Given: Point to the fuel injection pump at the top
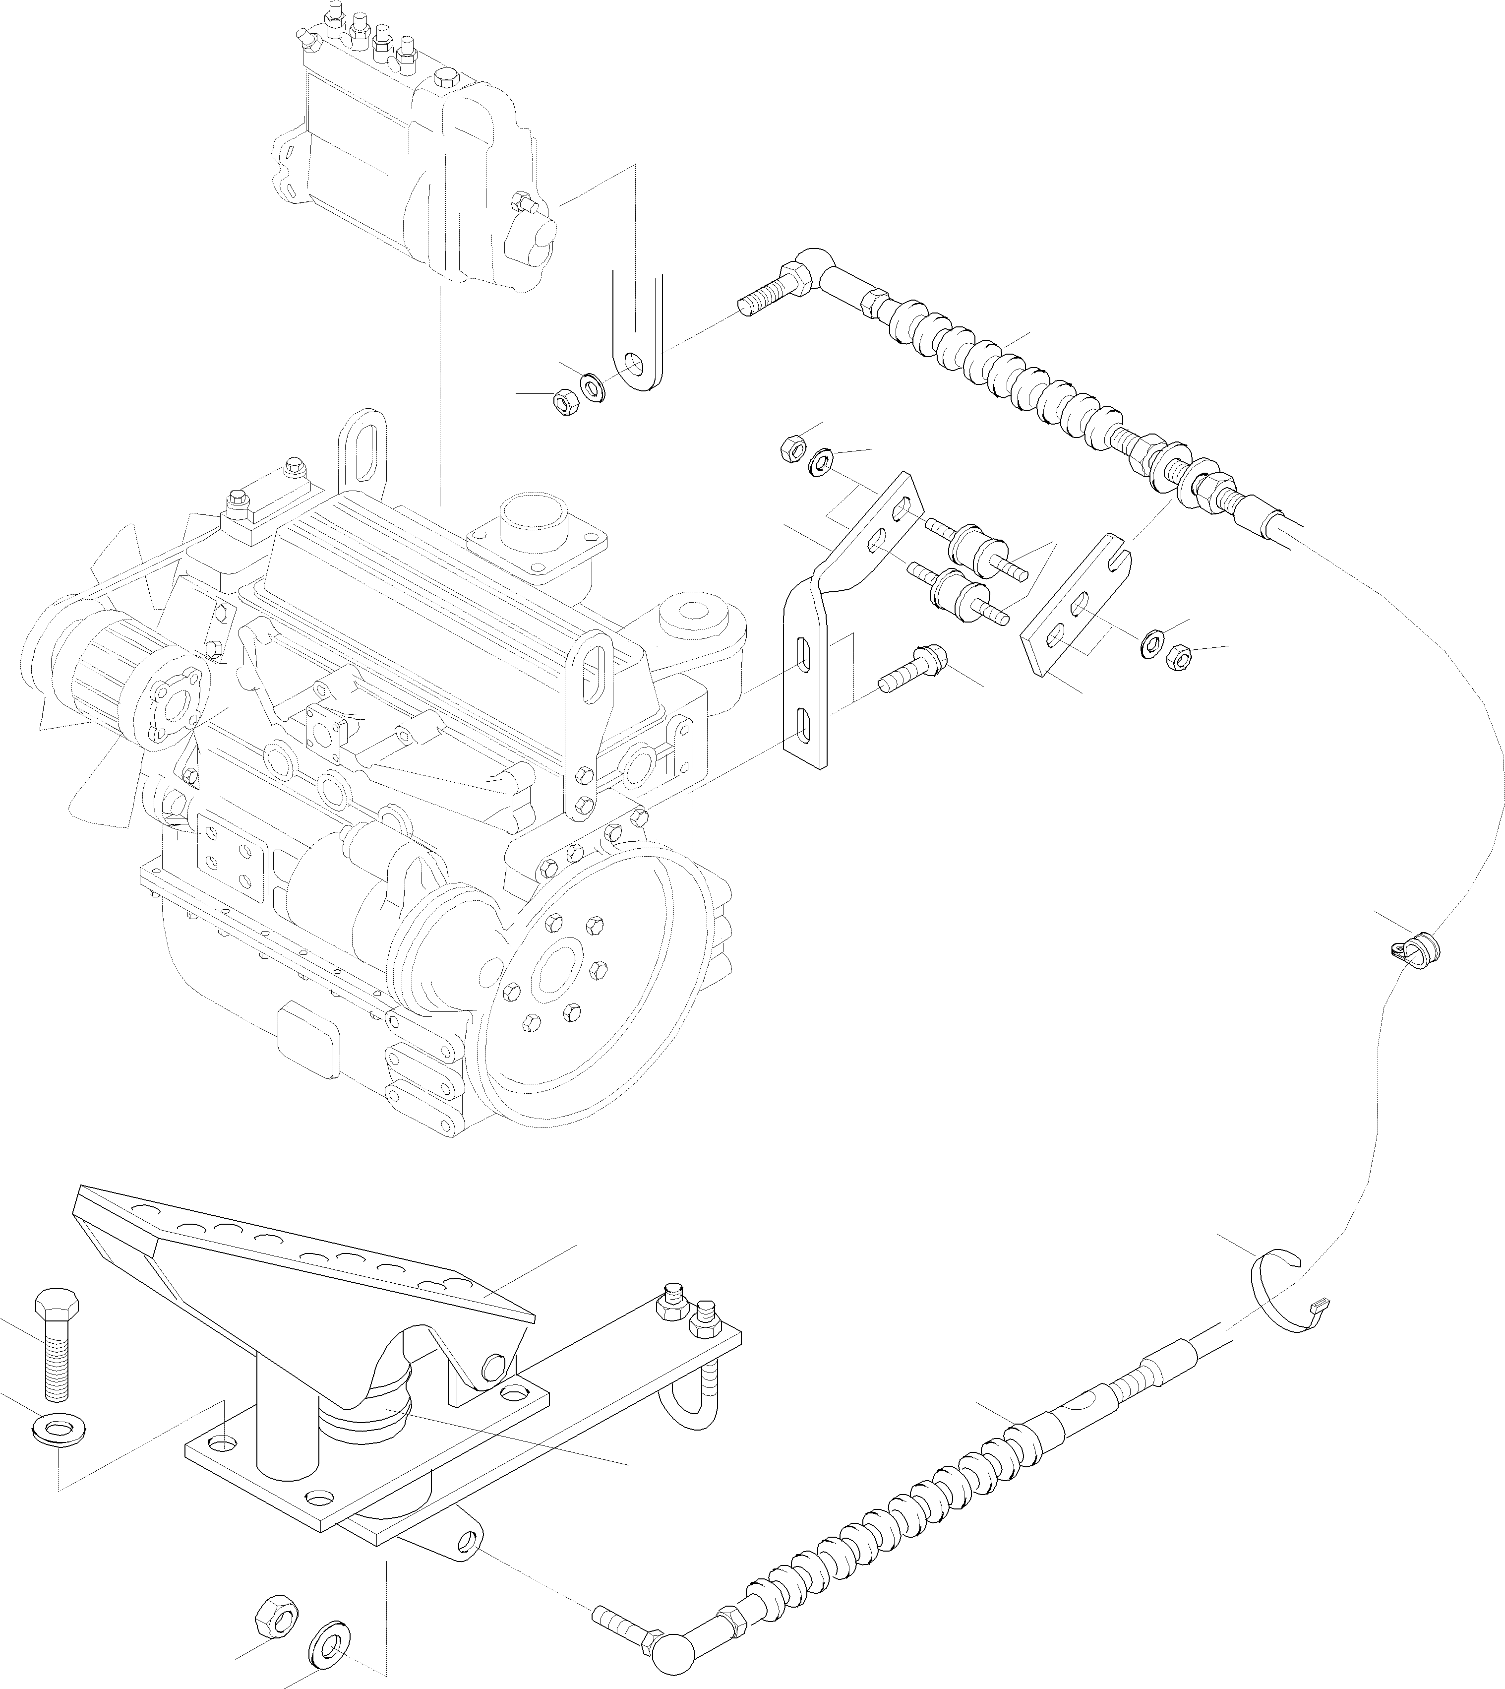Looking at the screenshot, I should tap(414, 157).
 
